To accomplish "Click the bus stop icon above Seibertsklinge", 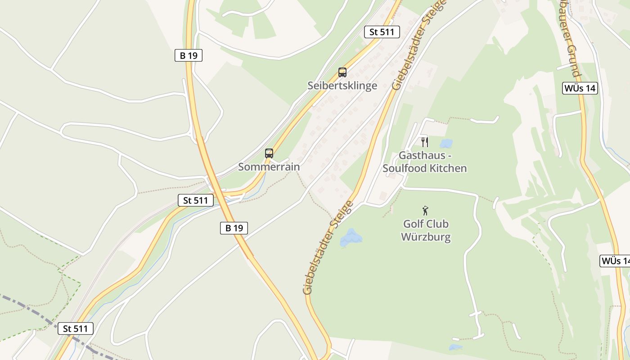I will coord(342,72).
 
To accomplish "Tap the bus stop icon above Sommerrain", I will coord(269,153).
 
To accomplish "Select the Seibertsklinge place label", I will coord(342,85).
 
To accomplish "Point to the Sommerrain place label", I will coord(269,166).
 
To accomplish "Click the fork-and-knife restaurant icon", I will coord(424,142).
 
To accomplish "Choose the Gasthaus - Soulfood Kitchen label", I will coord(424,162).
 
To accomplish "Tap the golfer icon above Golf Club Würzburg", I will coord(425,210).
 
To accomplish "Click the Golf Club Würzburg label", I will coord(426,230).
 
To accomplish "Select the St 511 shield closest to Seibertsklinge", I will coord(382,31).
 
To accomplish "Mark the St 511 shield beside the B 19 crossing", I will coord(195,200).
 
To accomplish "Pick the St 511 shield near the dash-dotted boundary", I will coord(76,328).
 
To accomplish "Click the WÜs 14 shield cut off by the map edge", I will coord(616,261).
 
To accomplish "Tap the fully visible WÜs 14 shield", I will coord(580,88).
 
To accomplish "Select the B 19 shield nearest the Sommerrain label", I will coord(234,228).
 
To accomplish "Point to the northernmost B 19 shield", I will coord(189,55).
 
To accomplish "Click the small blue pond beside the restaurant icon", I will coord(446,144).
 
